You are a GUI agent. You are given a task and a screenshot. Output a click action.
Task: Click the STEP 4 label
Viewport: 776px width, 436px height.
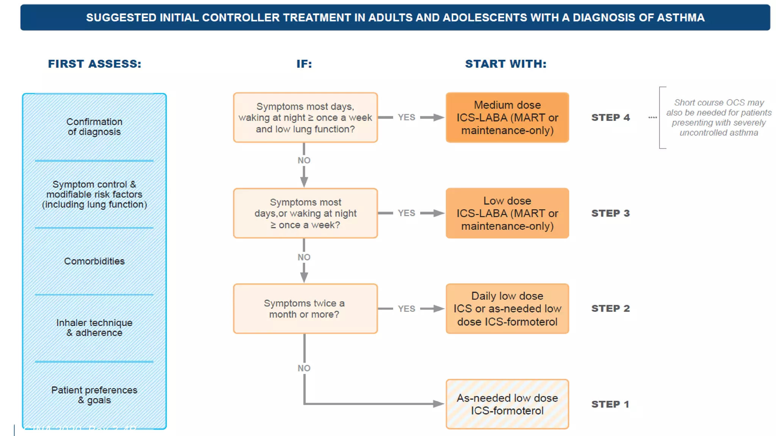(x=610, y=117)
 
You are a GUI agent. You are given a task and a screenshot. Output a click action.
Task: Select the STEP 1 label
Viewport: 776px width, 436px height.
(x=610, y=404)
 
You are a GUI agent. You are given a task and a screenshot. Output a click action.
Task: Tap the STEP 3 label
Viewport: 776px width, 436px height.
(x=610, y=213)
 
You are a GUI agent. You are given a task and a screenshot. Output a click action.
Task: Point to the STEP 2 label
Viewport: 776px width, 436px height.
(x=610, y=308)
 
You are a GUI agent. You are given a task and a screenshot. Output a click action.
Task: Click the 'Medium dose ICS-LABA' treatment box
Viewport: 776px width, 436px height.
(x=507, y=118)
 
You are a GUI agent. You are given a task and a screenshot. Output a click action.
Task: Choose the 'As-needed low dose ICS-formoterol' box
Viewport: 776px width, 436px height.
(x=507, y=404)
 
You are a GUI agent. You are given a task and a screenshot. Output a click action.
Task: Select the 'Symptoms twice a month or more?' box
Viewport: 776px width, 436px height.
(x=305, y=309)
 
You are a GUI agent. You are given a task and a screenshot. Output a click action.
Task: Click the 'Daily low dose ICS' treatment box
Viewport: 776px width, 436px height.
(x=507, y=309)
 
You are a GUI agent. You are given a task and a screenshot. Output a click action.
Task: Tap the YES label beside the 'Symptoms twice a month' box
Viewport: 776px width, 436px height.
(x=406, y=309)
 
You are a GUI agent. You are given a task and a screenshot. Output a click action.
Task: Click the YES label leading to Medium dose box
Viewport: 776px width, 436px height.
(x=406, y=117)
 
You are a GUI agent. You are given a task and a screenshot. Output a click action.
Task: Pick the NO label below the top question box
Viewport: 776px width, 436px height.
(x=304, y=160)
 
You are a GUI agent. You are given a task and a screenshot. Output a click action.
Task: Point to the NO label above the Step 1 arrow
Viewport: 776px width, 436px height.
(x=304, y=368)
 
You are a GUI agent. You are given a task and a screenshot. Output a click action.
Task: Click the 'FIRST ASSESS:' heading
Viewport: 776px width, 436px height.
(x=94, y=64)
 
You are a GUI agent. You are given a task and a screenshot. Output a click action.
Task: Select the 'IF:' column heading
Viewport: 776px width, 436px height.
(x=304, y=64)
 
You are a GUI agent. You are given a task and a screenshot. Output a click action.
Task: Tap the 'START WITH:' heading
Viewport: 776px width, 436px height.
(x=506, y=64)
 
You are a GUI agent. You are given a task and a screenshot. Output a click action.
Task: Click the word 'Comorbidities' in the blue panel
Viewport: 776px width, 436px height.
(x=94, y=261)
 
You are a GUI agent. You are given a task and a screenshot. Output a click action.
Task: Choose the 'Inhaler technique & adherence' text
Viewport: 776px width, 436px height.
(x=94, y=328)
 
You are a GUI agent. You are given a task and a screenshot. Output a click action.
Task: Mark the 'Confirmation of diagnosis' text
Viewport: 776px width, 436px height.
(x=94, y=127)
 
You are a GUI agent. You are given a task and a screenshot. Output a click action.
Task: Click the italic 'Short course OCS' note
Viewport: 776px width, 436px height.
(x=718, y=118)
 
